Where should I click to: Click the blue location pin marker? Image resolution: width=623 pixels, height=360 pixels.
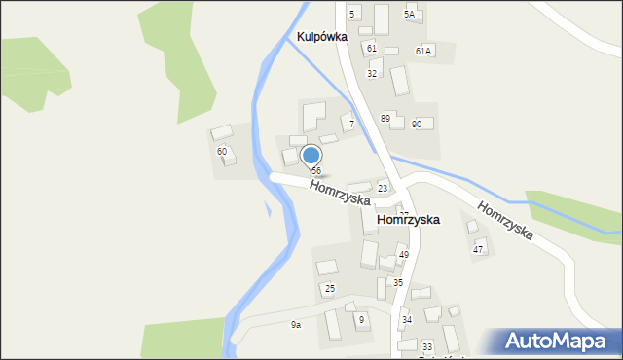coord(311,156)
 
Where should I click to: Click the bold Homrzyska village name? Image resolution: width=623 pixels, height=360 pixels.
coord(408,220)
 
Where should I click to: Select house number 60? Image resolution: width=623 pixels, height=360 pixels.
coord(222,151)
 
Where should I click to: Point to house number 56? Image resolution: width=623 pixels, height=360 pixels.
coord(316,170)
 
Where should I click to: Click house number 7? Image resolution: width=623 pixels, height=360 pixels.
coord(351,125)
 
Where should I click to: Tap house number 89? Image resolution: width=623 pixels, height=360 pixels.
coord(385,118)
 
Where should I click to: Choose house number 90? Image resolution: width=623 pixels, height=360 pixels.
coord(416,124)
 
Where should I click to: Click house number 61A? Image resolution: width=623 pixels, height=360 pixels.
coord(422,50)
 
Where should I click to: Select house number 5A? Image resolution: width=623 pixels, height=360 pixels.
coord(410,14)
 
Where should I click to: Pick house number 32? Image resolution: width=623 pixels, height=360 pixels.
coord(372,74)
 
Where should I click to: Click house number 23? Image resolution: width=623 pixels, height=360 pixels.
coord(383,189)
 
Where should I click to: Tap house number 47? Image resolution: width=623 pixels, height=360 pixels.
coord(478,250)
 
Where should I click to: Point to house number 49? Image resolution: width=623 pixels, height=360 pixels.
coord(403,255)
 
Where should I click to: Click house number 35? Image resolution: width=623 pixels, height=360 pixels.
coord(397,282)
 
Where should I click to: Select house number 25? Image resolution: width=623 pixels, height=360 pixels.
coord(330,289)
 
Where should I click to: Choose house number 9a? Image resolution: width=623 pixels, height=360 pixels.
coord(295,325)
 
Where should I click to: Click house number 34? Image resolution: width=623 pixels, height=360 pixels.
coord(407,319)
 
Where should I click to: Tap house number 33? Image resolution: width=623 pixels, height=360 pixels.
coord(426,346)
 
